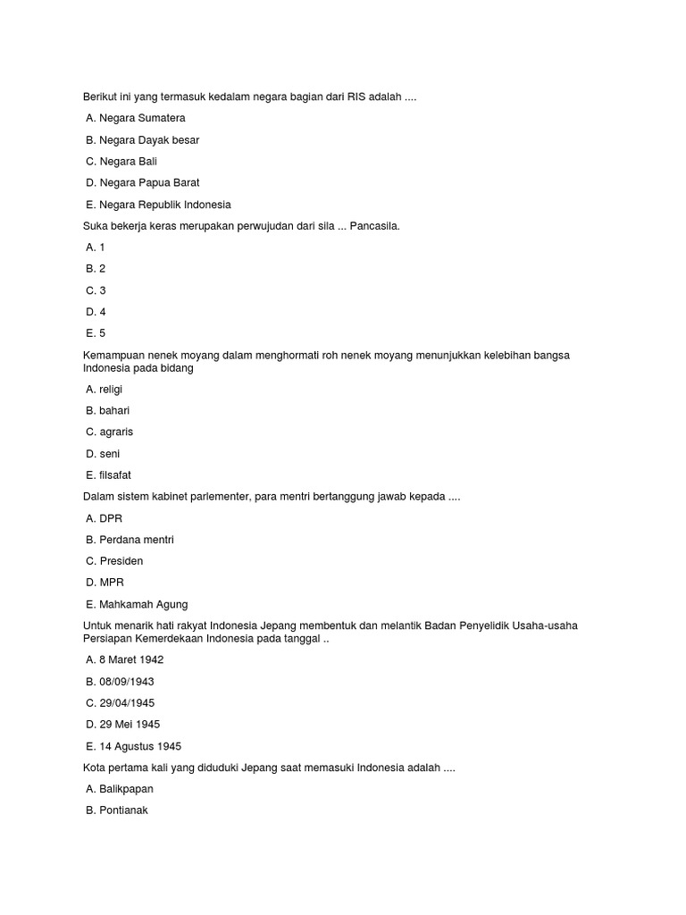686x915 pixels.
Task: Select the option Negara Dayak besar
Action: [143, 140]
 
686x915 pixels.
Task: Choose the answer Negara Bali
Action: [121, 162]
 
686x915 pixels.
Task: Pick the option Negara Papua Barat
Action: [143, 183]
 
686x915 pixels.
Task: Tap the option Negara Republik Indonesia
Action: [158, 205]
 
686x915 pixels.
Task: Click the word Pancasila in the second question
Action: [374, 226]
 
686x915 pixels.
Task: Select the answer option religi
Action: [105, 389]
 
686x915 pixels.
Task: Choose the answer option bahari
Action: [107, 410]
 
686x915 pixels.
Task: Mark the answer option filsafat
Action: [108, 475]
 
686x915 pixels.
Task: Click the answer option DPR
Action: [105, 518]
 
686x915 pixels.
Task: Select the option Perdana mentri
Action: [130, 540]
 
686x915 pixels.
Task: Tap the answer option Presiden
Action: [114, 561]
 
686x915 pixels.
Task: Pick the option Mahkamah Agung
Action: [137, 605]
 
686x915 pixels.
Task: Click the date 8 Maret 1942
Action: [125, 659]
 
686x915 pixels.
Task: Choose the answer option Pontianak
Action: [117, 810]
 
